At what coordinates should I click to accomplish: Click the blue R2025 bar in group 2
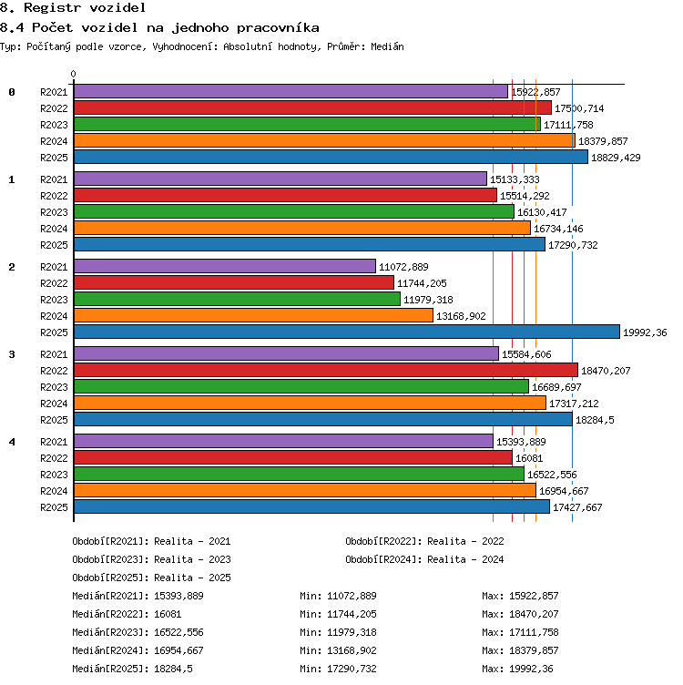click(347, 332)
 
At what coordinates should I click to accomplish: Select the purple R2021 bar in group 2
click(225, 266)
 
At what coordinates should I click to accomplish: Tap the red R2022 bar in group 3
click(326, 370)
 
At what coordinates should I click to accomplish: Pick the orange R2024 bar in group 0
click(324, 140)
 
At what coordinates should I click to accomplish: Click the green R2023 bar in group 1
click(294, 211)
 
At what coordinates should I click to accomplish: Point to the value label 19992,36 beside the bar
click(645, 332)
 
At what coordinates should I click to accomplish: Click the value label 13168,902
click(461, 316)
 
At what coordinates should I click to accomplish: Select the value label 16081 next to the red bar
click(529, 458)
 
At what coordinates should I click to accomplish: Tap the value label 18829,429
click(616, 158)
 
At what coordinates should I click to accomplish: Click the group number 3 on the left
click(12, 354)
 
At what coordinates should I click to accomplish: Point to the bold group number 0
click(12, 92)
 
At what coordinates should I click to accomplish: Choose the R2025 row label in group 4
click(54, 507)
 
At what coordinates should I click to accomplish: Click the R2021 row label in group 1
click(54, 179)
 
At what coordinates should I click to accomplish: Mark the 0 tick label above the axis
click(74, 74)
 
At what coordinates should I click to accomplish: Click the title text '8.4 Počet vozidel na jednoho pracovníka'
click(159, 28)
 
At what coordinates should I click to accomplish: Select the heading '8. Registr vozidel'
click(73, 7)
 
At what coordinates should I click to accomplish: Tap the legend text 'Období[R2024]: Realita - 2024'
click(424, 559)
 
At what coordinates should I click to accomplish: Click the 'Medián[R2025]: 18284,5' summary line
click(132, 669)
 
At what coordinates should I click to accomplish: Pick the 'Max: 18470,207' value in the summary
click(520, 614)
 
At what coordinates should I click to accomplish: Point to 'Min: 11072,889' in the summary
click(338, 596)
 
